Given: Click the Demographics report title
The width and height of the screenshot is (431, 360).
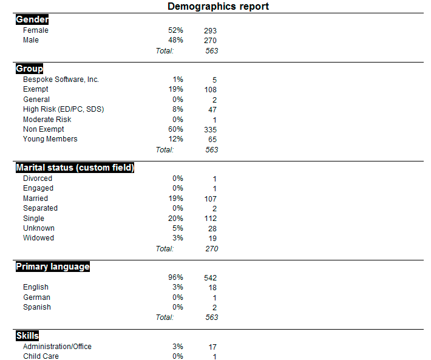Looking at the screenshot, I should click(218, 7).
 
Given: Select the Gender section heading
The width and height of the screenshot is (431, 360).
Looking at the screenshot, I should click(32, 19).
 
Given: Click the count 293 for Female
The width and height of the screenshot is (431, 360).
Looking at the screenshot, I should click(210, 31).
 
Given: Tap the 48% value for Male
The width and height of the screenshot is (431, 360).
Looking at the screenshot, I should click(175, 40).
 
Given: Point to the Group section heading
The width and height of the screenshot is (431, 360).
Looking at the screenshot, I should click(29, 69).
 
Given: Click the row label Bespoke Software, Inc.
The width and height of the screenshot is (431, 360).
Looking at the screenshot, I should click(61, 80).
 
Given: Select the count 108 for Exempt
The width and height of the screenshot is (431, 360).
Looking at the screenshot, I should click(210, 90).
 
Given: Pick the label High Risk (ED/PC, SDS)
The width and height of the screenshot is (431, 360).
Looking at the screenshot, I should click(63, 109).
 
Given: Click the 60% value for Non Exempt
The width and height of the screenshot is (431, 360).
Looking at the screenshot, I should click(175, 129).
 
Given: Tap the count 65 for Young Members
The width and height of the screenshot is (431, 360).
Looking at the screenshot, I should click(212, 140).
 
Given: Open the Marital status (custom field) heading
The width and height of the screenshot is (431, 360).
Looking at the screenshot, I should click(75, 168).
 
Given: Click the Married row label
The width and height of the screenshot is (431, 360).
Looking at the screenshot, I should click(35, 199).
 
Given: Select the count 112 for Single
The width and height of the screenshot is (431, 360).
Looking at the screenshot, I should click(210, 219).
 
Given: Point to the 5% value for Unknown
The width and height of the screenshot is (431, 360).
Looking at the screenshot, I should click(177, 228).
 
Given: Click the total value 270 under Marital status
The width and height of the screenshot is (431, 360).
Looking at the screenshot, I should click(211, 248).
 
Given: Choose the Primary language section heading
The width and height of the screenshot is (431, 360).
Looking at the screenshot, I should click(53, 267).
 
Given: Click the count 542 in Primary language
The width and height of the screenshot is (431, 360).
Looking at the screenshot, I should click(210, 278).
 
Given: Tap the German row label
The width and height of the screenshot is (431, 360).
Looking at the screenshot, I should click(36, 297).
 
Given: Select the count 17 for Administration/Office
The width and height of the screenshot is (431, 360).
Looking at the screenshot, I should click(212, 347).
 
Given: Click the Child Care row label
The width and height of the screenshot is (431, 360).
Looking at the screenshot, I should click(41, 356).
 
